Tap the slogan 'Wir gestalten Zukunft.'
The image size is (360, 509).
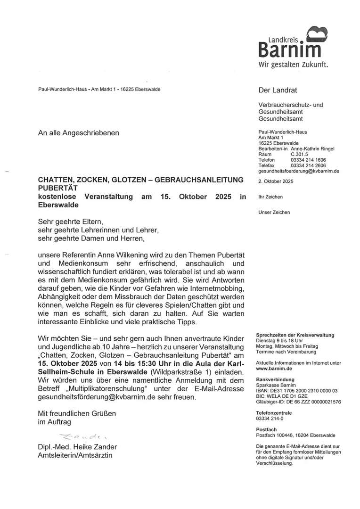(293, 65)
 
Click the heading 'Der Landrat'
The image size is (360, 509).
(278, 90)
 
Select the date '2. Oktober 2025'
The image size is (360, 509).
(276, 181)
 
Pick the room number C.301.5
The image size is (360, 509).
(299, 155)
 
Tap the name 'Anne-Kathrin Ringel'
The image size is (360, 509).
(312, 149)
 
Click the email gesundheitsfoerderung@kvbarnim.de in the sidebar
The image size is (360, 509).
(299, 172)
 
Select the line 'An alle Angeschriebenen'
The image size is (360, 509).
(79, 133)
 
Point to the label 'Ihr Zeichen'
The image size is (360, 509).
(271, 197)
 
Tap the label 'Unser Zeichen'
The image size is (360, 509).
(274, 212)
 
